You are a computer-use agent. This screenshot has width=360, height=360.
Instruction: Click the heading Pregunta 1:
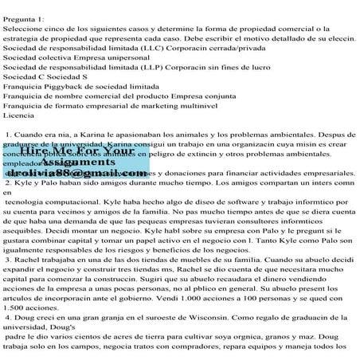coord(25,6)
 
